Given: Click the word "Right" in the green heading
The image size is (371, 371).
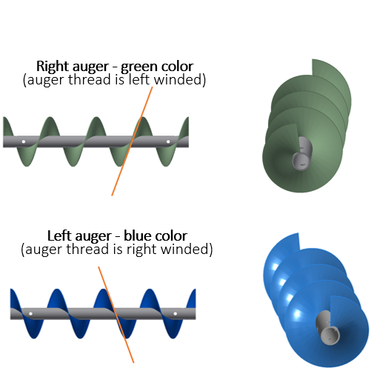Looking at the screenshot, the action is [53, 67].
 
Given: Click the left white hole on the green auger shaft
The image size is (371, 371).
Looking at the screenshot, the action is [24, 141].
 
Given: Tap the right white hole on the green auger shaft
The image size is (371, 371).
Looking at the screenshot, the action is [168, 141].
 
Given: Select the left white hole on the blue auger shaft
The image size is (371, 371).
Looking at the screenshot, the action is [30, 314].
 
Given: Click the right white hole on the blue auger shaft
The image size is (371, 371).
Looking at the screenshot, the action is [176, 314].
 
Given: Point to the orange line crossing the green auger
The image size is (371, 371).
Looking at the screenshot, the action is [133, 141].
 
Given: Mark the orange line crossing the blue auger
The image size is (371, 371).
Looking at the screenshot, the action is [116, 315].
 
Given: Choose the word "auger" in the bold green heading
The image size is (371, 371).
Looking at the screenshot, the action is [90, 67].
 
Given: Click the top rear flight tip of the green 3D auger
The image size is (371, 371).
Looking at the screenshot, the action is [312, 59].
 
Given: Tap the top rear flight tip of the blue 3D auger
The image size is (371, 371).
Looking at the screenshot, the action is [298, 233].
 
